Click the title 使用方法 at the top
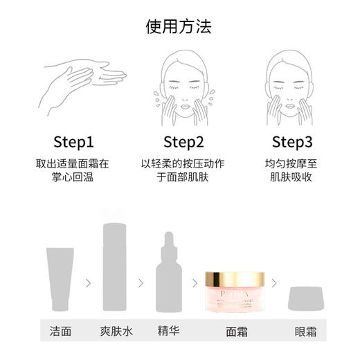pos(179,27)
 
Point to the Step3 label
pos(292,143)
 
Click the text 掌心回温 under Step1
pos(73,177)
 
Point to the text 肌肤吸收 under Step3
pos(292,177)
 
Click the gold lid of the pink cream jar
pos(234,280)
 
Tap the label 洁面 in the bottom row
pos(60,331)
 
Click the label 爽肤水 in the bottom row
pos(114,331)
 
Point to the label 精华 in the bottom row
pos(168,331)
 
